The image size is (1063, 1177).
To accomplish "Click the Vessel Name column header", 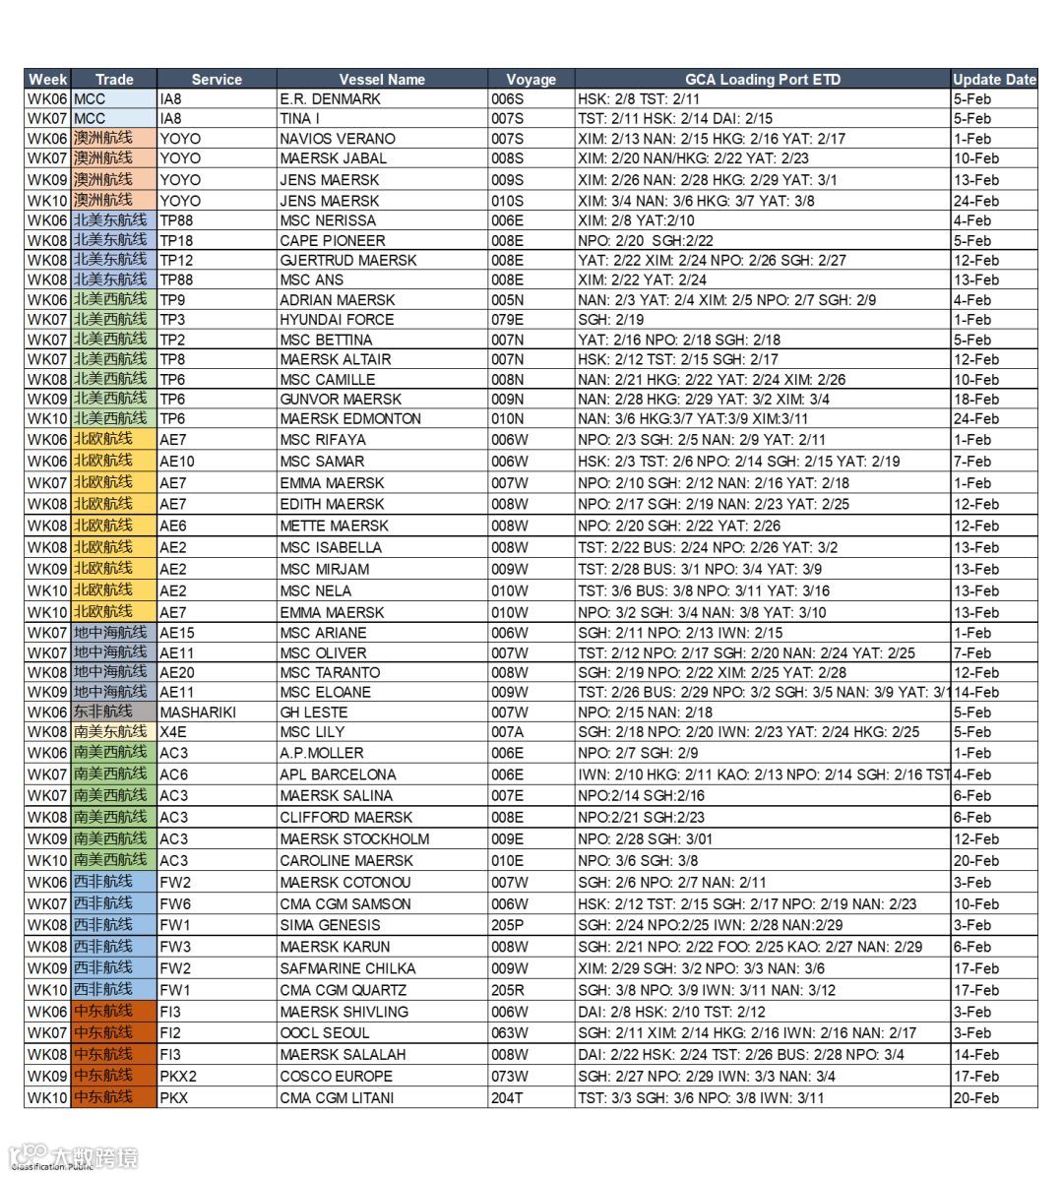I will pos(382,80).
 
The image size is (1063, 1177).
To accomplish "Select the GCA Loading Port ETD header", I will pos(762,80).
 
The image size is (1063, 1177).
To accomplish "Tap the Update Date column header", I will pos(994,80).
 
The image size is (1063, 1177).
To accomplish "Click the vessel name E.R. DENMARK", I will pos(330,99).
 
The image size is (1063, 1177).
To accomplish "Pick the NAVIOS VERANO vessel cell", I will pos(338,139).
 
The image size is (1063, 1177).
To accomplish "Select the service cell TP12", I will pos(177,260).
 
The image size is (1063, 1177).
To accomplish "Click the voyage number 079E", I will pos(508,320).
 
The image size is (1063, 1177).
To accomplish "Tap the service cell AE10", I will pos(177,462).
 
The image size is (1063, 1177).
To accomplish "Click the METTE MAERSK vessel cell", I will pos(334,526).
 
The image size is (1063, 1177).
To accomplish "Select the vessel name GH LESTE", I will pos(313,712).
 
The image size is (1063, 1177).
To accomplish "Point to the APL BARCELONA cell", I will pos(338,774).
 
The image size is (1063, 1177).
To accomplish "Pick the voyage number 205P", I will pos(508,925).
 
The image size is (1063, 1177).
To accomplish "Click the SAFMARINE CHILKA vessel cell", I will pos(347,968).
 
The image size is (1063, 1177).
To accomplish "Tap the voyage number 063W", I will pos(510,1033).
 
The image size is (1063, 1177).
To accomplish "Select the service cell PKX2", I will pos(178,1076).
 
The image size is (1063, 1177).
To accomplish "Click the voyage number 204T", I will pos(508,1097).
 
